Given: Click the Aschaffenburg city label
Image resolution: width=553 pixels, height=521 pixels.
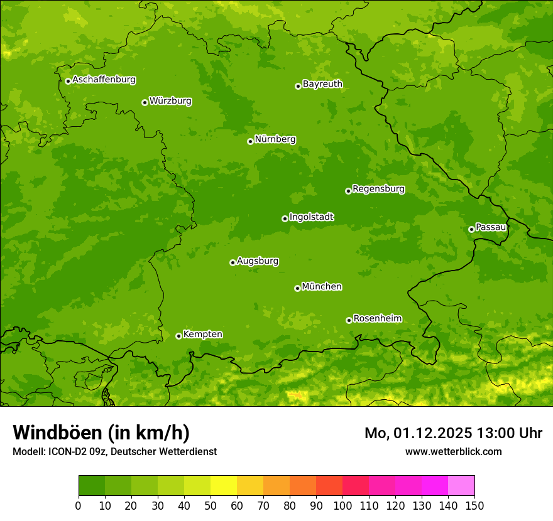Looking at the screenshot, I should coord(104,80).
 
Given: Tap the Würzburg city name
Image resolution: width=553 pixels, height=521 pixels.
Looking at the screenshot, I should coord(170,101).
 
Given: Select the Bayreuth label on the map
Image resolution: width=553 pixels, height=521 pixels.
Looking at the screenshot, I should coord(322,84).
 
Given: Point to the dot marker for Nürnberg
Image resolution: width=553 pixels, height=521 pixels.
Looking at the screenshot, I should coord(250,141).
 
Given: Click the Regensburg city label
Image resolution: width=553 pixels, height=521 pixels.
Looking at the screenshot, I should coord(378,189).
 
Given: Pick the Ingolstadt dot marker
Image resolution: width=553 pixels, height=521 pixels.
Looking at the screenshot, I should coord(285,218).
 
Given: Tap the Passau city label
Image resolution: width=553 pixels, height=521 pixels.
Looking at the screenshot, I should coord(491,227).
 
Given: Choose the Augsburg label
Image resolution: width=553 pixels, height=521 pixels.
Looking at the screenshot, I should coord(258,261).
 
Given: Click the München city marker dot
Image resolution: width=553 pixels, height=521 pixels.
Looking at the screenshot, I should coord(297,288).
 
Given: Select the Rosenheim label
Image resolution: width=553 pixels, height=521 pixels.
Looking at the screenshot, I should coord(377,319).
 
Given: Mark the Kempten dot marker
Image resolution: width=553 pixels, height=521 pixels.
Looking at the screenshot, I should coord(178,336).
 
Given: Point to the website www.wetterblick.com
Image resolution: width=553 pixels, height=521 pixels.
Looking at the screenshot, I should coord(454,451).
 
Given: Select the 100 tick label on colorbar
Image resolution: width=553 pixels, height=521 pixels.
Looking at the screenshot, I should coord(342,506).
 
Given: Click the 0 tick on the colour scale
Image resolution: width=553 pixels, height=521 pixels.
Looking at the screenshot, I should coord(79,506).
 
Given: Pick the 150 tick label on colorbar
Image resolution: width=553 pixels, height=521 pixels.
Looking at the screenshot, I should coord(474,506).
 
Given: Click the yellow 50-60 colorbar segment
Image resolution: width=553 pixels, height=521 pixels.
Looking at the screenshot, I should coord(224,486).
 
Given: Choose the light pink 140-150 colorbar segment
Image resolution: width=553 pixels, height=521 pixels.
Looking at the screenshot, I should coord(461,486).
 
